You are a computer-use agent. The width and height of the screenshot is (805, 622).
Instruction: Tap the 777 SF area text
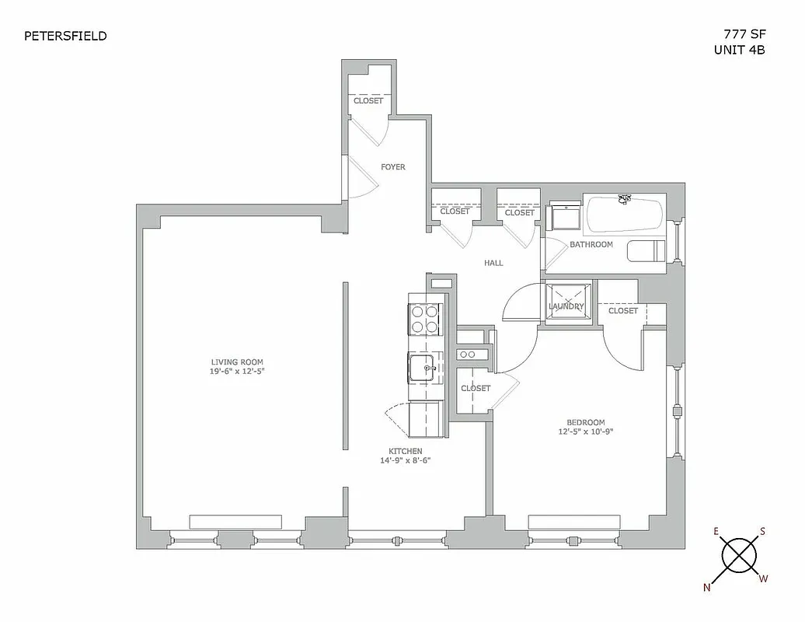coord(739,34)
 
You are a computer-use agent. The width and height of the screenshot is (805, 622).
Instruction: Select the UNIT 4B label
coord(739,50)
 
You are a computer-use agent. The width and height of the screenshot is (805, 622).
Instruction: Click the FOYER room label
coord(392,167)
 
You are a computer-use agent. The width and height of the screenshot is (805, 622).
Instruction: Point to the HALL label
coord(493,263)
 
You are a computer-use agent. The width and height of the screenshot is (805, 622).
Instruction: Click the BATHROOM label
coord(591,244)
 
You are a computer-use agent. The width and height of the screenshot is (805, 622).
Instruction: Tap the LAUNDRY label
coord(566,306)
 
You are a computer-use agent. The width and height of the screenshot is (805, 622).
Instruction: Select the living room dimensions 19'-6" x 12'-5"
coord(236,372)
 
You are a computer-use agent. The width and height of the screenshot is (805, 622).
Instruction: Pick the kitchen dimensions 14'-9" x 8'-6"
coord(405,460)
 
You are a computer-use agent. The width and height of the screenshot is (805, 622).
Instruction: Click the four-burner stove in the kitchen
coord(423,319)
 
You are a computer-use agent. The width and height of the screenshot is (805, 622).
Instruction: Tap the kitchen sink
coord(425,368)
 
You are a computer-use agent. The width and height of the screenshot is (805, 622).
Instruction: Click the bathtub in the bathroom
coord(624,215)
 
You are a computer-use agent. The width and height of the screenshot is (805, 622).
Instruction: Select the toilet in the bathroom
coord(646,250)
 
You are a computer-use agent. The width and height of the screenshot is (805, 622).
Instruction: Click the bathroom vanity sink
coord(565,216)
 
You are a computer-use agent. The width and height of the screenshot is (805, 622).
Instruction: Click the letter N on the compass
coord(707,588)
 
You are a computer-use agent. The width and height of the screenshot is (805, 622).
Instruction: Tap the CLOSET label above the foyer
coord(368,101)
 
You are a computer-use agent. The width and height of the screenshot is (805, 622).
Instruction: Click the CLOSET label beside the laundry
coord(622,311)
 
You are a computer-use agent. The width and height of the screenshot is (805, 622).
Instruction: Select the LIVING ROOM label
coord(236,362)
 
